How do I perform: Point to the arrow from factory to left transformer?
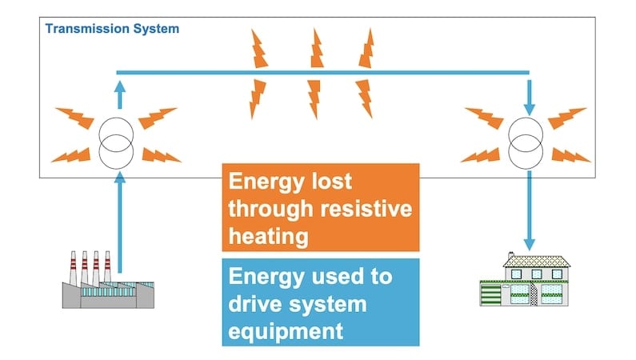[x=118, y=224]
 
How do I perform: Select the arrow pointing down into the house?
[x=528, y=208]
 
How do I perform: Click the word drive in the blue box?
[x=254, y=304]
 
